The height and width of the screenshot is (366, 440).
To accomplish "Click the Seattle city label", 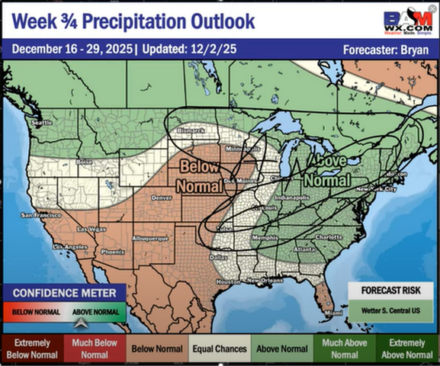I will pos(42,122).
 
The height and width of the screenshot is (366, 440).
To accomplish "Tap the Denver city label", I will pos(162,197).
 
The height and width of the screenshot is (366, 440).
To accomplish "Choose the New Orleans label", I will pos(265,281).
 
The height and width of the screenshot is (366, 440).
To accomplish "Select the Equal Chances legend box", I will pos(219,349).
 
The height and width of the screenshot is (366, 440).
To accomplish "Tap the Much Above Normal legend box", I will pos(345,349).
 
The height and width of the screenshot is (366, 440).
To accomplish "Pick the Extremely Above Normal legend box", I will pos(407,349).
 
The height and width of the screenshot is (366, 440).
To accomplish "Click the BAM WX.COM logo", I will pos(408,21).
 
